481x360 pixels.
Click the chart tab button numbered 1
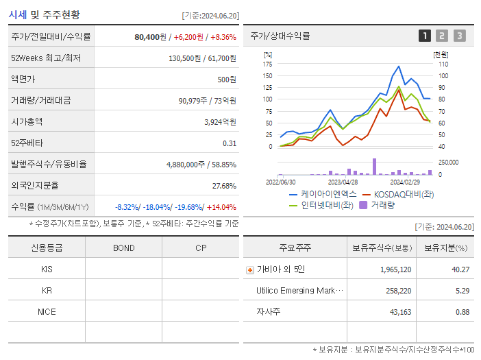point(425,36)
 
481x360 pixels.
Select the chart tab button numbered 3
point(459,36)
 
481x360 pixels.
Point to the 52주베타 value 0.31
point(229,143)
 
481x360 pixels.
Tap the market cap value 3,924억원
point(220,122)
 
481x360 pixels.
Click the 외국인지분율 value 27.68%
point(224,186)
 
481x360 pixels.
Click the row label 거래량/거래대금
point(40,101)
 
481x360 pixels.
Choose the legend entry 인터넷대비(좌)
point(323,205)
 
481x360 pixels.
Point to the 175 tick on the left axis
point(267,64)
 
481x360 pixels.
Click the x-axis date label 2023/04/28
point(343,182)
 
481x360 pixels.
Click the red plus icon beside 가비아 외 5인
point(249,269)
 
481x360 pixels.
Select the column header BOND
point(123,248)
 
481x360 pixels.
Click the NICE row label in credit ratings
point(47,311)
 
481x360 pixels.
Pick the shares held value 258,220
point(395,291)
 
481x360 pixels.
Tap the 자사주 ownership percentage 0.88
point(462,312)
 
